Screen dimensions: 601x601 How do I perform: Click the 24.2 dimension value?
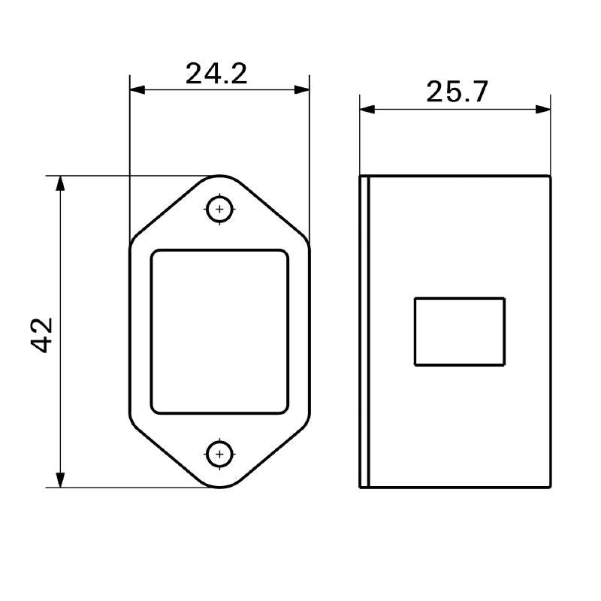tap(216, 73)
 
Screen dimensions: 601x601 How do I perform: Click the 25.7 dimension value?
tap(457, 92)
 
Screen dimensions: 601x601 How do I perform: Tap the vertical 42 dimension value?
tap(42, 334)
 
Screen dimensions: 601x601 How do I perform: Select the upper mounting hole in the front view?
tap(219, 209)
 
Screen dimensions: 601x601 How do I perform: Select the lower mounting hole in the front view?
tap(219, 454)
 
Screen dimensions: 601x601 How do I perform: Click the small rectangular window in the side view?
tap(459, 331)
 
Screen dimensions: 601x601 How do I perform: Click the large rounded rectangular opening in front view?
tap(219, 331)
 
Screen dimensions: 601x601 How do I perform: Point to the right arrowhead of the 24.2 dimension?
tap(302, 89)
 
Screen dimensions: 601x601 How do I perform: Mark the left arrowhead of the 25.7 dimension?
tap(367, 109)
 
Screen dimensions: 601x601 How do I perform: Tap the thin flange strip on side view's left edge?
tap(364, 331)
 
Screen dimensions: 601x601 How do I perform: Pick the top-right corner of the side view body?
tap(551, 177)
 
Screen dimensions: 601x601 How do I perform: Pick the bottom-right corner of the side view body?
tap(551, 488)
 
